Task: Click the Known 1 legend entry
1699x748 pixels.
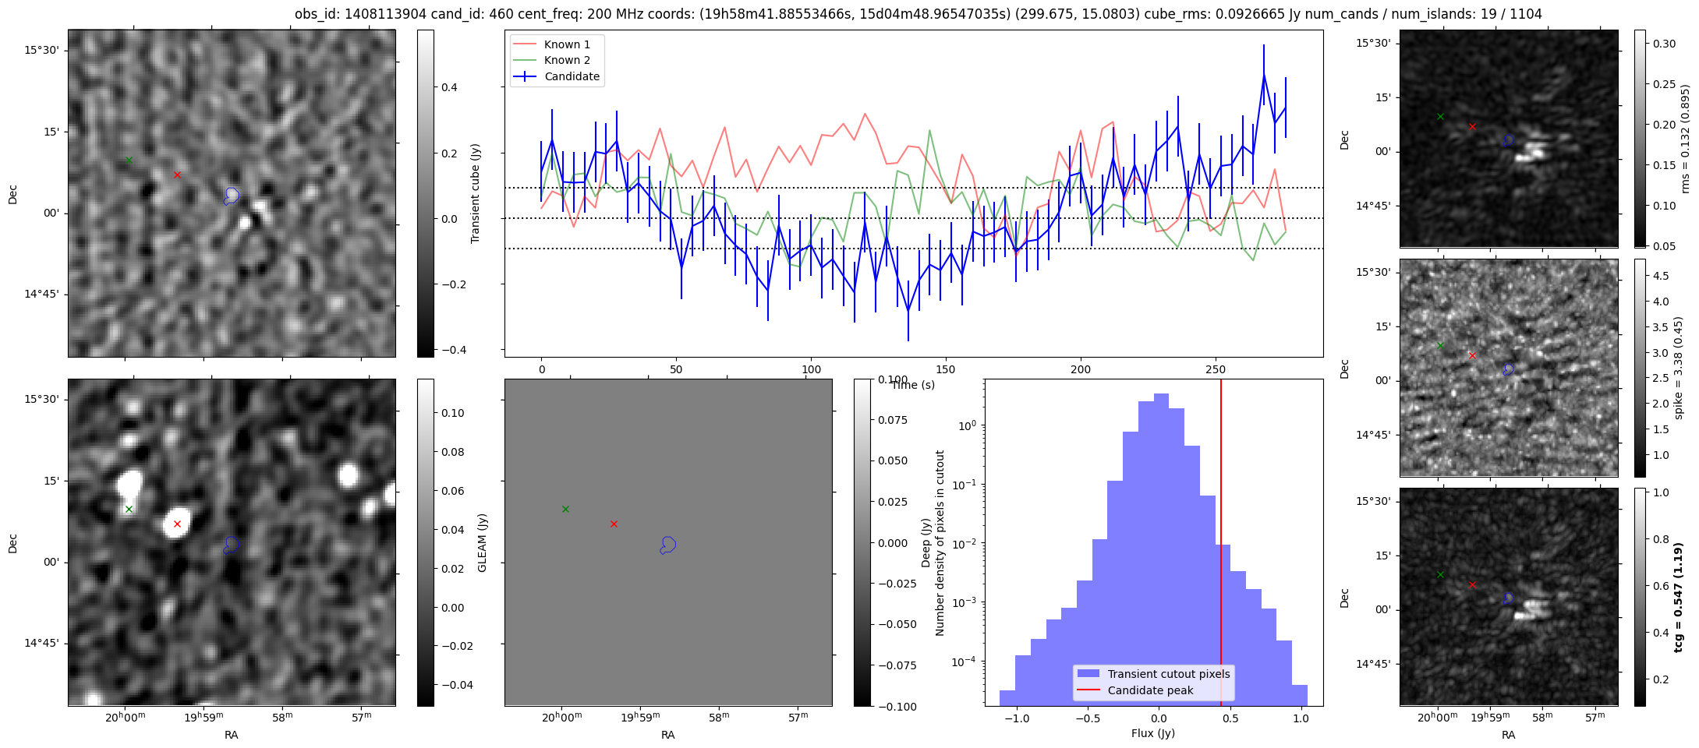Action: pyautogui.click(x=567, y=44)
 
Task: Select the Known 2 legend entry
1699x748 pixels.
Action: pyautogui.click(x=567, y=60)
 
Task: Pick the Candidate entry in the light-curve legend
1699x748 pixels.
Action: pyautogui.click(x=572, y=76)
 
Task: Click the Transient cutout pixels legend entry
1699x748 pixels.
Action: pyautogui.click(x=1168, y=674)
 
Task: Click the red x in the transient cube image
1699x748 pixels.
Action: pyautogui.click(x=178, y=175)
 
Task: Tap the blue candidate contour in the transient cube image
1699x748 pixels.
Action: pyautogui.click(x=231, y=196)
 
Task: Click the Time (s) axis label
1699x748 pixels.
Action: pyautogui.click(x=913, y=385)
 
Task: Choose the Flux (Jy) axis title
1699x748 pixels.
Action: pyautogui.click(x=1152, y=733)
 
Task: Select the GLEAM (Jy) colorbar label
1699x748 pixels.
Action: pyautogui.click(x=482, y=543)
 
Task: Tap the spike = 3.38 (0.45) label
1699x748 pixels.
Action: pyautogui.click(x=1680, y=368)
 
